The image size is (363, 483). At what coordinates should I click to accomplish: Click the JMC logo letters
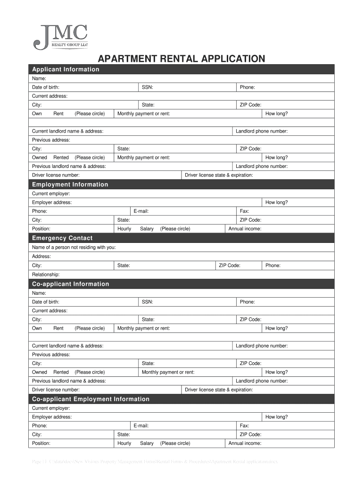(x=65, y=33)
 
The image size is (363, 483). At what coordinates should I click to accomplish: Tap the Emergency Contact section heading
(x=62, y=238)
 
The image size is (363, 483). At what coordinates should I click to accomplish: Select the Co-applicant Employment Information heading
(x=91, y=399)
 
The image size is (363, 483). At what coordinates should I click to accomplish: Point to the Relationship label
(x=46, y=275)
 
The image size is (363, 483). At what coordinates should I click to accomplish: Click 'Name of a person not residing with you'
(x=74, y=247)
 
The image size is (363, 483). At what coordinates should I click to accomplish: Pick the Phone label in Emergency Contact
(x=273, y=266)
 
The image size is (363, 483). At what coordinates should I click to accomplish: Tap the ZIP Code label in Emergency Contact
(x=230, y=266)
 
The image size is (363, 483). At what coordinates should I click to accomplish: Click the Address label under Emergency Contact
(x=41, y=257)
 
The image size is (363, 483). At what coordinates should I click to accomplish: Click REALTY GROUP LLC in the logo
(x=70, y=45)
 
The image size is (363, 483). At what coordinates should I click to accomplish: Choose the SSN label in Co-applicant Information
(x=147, y=302)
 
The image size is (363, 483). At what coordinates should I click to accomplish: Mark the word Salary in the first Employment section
(x=147, y=229)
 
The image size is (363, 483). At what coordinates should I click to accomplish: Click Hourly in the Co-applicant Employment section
(x=124, y=443)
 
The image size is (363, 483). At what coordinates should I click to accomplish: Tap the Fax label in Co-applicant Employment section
(x=244, y=426)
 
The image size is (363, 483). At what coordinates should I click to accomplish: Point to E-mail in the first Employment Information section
(x=141, y=211)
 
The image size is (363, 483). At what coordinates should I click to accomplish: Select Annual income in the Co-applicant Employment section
(x=245, y=443)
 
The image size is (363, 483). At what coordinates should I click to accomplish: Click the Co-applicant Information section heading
(x=70, y=284)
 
